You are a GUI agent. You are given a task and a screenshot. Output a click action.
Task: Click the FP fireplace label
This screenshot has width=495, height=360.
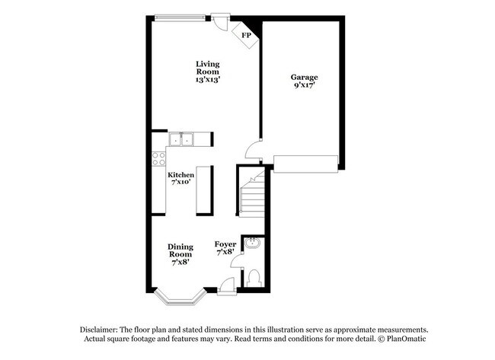coord(247,35)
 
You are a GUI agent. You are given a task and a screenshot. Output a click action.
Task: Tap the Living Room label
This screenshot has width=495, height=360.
coord(207,72)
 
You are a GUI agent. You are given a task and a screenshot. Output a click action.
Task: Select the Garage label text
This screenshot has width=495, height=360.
coord(305,81)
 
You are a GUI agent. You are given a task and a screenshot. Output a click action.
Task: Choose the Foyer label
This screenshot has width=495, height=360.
coord(226,247)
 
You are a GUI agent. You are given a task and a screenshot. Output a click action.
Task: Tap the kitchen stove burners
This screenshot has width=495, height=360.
coord(159,158)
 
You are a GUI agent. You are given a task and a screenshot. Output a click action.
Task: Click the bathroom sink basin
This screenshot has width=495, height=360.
coord(252,244)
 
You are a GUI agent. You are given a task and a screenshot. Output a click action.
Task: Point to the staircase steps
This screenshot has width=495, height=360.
coord(253,195)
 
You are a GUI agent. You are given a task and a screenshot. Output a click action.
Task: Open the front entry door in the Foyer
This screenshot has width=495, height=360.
coord(226,286)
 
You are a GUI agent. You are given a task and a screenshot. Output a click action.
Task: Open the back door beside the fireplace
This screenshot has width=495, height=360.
coord(220,21)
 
